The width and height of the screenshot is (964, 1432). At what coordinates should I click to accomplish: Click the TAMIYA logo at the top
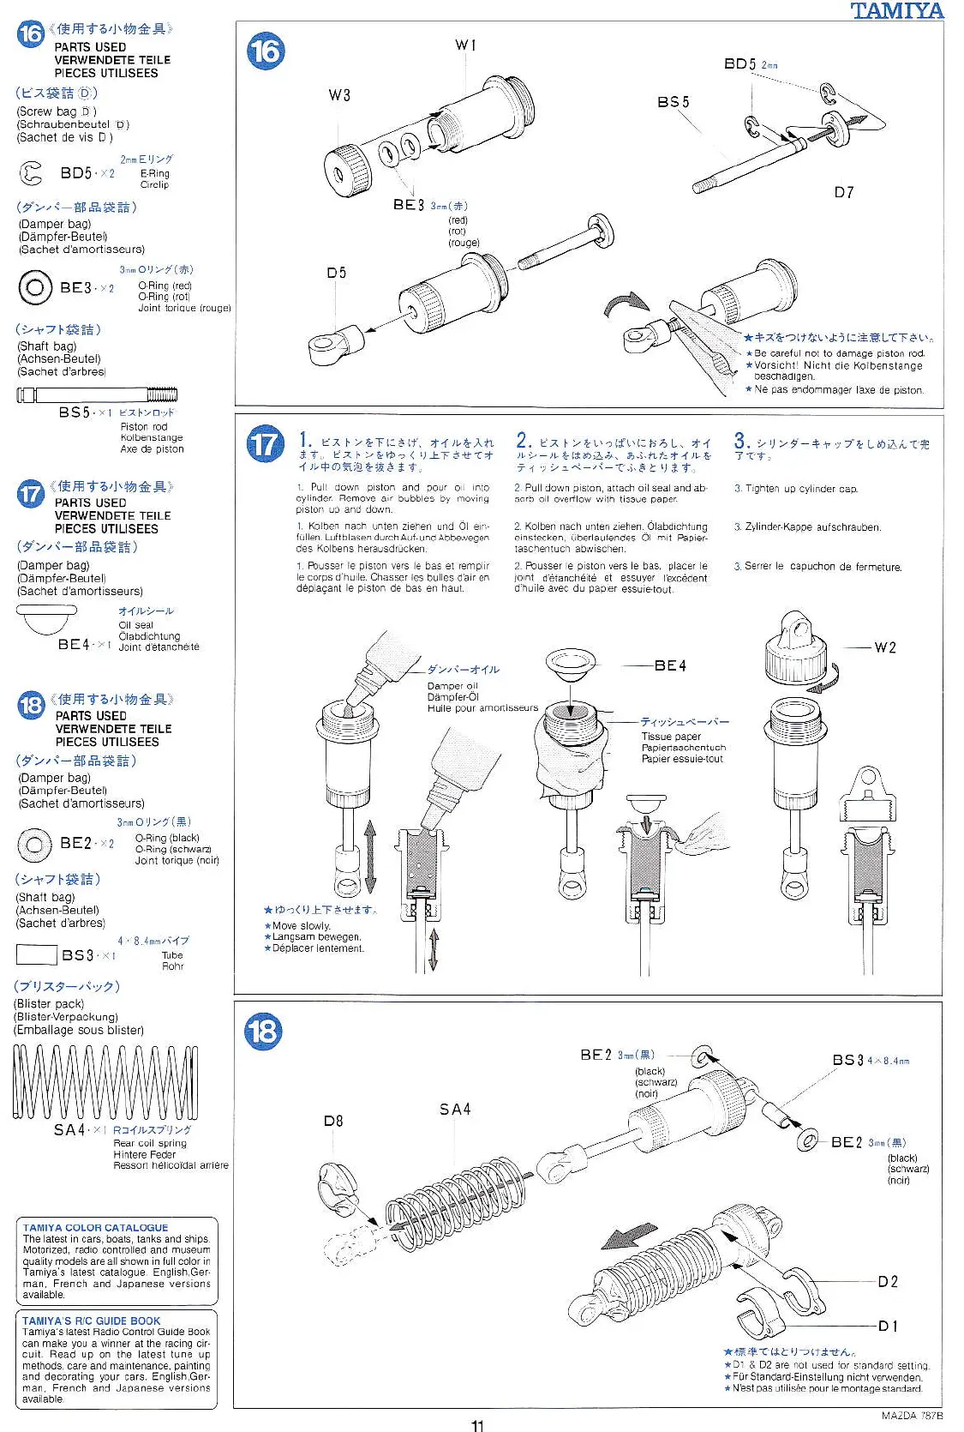(x=896, y=11)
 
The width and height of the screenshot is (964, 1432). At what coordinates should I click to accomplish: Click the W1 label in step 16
(x=465, y=45)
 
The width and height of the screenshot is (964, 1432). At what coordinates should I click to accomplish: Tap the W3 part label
(x=339, y=95)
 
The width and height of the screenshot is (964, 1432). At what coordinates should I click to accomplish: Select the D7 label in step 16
(x=844, y=192)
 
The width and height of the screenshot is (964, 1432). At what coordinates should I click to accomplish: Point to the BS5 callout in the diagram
(x=673, y=102)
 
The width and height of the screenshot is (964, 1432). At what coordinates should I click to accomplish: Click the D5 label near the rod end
(x=336, y=273)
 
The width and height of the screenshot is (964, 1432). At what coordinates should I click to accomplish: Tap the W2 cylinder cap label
(x=885, y=647)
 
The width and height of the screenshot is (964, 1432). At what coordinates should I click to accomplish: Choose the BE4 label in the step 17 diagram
(x=670, y=665)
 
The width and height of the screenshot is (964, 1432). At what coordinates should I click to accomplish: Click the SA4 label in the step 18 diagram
(x=455, y=1110)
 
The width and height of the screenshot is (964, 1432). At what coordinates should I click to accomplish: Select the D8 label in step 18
(x=333, y=1121)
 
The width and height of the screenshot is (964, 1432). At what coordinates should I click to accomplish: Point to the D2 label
(x=888, y=1281)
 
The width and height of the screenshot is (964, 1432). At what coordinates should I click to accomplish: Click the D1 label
(x=888, y=1326)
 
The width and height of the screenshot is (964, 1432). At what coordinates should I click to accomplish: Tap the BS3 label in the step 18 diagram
(x=847, y=1060)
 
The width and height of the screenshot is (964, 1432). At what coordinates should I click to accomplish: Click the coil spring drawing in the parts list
(x=105, y=1082)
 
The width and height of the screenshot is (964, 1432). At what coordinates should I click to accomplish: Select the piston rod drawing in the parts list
(x=97, y=395)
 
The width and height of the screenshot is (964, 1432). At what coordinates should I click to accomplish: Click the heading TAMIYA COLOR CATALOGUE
(x=95, y=1228)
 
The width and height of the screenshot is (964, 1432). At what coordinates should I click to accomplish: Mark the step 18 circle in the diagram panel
(x=263, y=1031)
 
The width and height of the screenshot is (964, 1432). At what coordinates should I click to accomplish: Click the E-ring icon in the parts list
(x=31, y=174)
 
